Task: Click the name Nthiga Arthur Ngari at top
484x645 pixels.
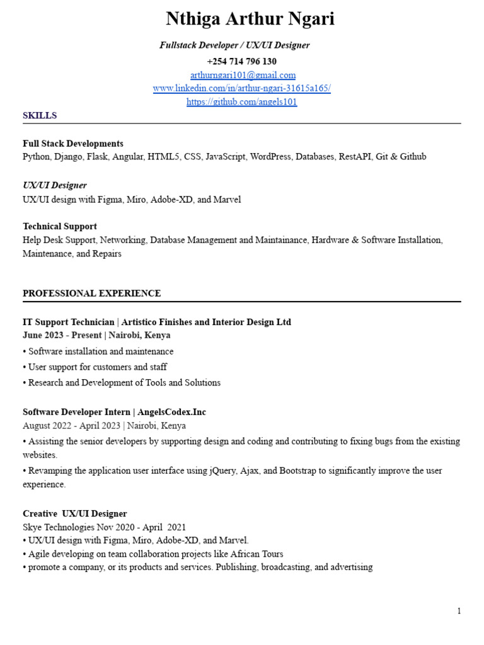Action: point(250,20)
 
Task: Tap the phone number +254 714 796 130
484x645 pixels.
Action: point(242,61)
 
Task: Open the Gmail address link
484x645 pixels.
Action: point(243,75)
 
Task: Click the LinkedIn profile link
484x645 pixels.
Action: point(242,88)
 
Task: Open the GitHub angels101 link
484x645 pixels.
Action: point(242,102)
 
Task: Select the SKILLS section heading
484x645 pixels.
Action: point(40,115)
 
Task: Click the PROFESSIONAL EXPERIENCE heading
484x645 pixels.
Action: point(91,294)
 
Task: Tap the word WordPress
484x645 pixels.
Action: point(270,157)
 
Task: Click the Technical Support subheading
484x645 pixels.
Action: point(60,226)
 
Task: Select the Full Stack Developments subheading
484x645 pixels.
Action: point(73,144)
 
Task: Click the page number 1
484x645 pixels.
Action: point(459,611)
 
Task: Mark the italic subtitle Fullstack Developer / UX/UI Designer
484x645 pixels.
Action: point(234,45)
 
